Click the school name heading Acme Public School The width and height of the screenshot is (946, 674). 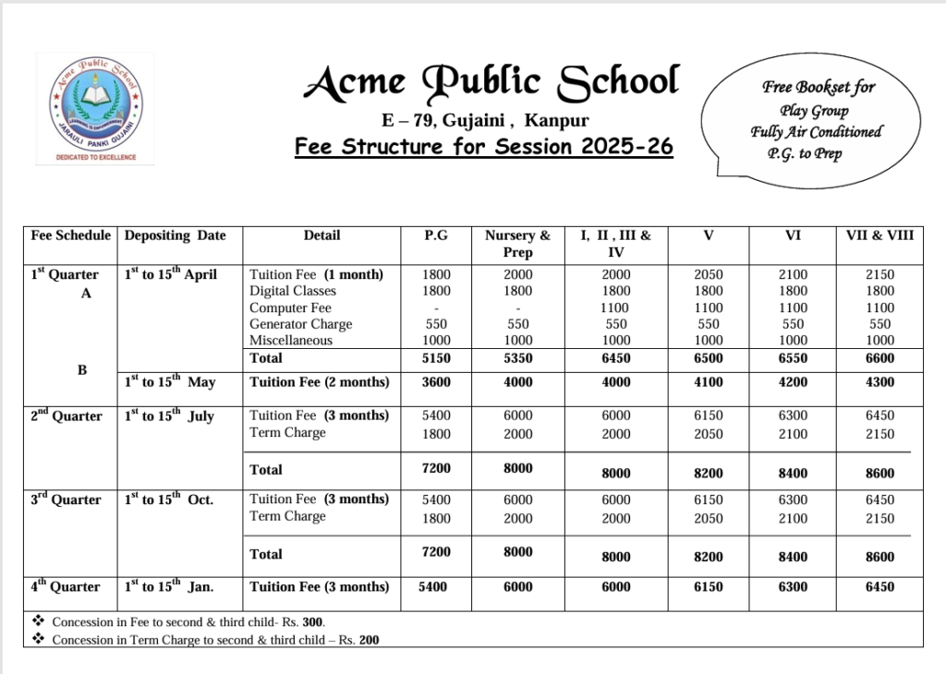click(491, 82)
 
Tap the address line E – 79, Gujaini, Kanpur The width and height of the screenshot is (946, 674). click(485, 120)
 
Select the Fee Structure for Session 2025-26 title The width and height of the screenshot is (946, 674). click(483, 147)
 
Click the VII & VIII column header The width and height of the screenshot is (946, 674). click(879, 235)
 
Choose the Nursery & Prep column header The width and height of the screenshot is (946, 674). click(517, 244)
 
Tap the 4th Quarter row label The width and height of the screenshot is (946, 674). click(65, 586)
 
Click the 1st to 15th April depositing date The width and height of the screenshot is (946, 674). click(170, 274)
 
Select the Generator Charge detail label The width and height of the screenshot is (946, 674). click(300, 324)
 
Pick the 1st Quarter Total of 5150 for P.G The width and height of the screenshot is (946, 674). click(436, 357)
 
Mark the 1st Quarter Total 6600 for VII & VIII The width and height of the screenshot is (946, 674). click(879, 357)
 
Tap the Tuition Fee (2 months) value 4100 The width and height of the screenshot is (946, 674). click(708, 381)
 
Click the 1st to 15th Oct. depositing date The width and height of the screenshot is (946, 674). click(169, 499)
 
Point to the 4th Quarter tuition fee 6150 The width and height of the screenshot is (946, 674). click(708, 586)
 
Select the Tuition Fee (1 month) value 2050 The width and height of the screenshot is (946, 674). click(708, 274)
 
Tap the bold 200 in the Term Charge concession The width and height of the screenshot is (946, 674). click(370, 639)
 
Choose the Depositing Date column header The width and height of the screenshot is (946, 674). click(175, 235)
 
